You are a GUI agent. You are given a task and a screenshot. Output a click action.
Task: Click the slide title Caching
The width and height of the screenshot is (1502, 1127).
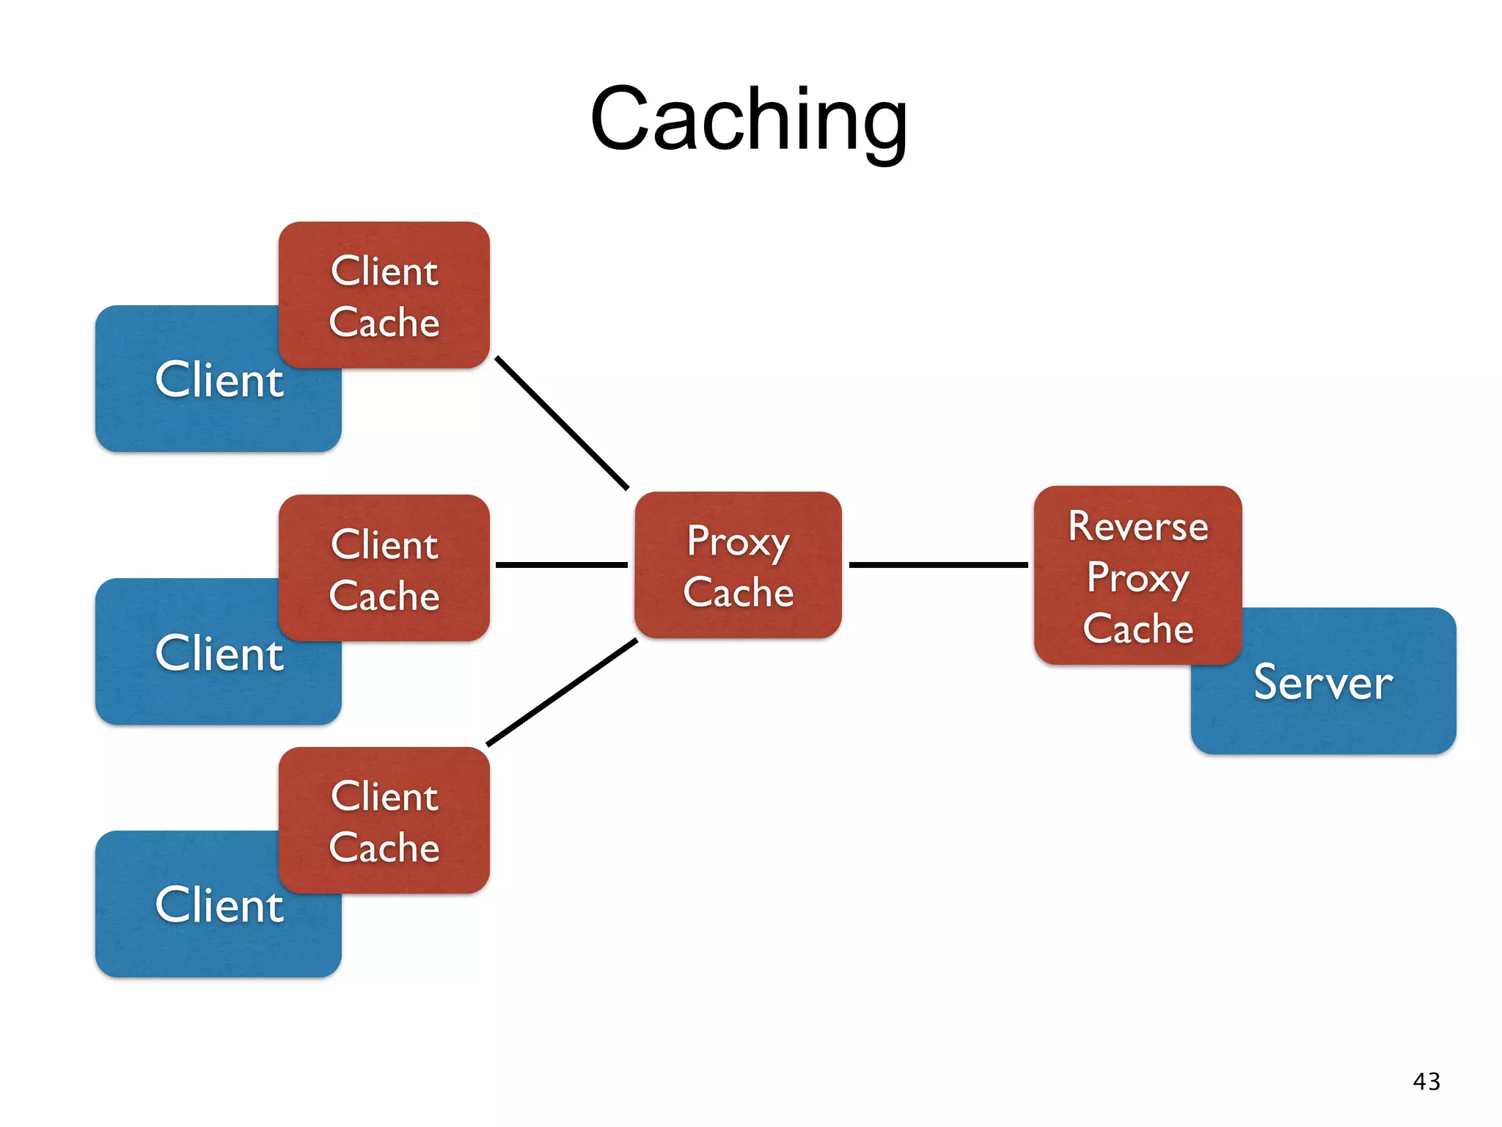pyautogui.click(x=749, y=120)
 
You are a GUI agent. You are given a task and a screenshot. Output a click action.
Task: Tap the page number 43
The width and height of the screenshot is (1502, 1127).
pyautogui.click(x=1426, y=1082)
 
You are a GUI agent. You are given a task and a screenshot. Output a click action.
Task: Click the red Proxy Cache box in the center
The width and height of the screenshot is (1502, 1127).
pyautogui.click(x=738, y=565)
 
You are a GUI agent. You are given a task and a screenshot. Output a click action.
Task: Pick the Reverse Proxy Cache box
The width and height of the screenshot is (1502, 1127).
pyautogui.click(x=1138, y=575)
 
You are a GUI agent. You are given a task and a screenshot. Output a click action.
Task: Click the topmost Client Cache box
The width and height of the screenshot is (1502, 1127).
pyautogui.click(x=384, y=295)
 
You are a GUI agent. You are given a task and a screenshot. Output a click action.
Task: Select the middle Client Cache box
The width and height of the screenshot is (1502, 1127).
pyautogui.click(x=384, y=568)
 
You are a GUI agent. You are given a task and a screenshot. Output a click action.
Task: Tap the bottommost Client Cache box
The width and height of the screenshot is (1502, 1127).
pyautogui.click(x=384, y=820)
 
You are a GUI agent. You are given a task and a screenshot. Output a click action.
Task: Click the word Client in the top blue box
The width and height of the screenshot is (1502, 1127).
pyautogui.click(x=219, y=380)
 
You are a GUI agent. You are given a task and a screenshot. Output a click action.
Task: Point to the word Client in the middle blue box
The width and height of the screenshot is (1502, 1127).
pyautogui.click(x=219, y=653)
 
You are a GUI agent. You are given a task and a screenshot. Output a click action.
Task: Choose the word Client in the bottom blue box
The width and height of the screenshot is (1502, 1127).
pyautogui.click(x=219, y=905)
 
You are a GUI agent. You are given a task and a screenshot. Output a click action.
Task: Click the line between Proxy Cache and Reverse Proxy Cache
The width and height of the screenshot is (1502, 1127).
pyautogui.click(x=937, y=565)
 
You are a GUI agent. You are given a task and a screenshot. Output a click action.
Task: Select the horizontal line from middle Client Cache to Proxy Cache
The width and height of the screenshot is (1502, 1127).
pyautogui.click(x=561, y=565)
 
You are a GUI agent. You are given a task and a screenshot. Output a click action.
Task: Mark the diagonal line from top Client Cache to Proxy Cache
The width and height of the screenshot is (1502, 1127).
pyautogui.click(x=562, y=423)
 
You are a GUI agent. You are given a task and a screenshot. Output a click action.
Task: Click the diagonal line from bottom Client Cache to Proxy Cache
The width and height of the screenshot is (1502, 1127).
pyautogui.click(x=562, y=693)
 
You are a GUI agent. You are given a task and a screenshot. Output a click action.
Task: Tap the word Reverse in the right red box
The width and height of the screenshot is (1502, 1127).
pyautogui.click(x=1138, y=526)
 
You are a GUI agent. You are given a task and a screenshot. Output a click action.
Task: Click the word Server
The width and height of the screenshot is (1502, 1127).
pyautogui.click(x=1323, y=682)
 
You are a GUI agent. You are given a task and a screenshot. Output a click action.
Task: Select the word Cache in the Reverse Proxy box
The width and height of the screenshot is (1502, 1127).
pyautogui.click(x=1138, y=629)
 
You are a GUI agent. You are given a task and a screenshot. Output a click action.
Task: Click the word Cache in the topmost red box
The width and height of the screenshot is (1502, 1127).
pyautogui.click(x=384, y=322)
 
